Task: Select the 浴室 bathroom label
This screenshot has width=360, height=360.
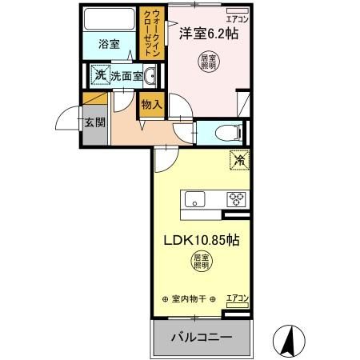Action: pyautogui.click(x=110, y=45)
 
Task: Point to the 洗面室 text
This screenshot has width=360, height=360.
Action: pyautogui.click(x=126, y=76)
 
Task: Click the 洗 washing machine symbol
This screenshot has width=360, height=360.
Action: pyautogui.click(x=100, y=75)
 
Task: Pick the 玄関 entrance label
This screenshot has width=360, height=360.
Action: pyautogui.click(x=94, y=123)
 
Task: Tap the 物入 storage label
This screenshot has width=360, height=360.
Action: pyautogui.click(x=151, y=104)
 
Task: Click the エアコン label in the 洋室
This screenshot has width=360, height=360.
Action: pyautogui.click(x=237, y=18)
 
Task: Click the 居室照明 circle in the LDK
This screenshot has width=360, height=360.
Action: pyautogui.click(x=202, y=260)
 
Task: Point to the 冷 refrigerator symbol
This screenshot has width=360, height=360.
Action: pyautogui.click(x=238, y=159)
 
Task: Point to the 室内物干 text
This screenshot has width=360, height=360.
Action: pyautogui.click(x=190, y=298)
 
